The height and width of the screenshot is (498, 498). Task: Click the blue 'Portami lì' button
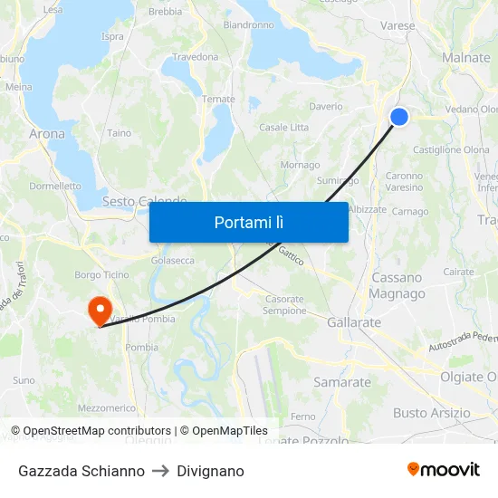(248, 222)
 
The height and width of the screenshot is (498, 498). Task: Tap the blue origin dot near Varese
(398, 116)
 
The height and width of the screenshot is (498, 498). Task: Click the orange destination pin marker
(99, 310)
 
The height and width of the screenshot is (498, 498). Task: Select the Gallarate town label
(353, 322)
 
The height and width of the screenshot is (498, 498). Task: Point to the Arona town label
(47, 134)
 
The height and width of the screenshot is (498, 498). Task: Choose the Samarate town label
(342, 382)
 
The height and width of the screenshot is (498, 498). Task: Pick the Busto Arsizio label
(431, 413)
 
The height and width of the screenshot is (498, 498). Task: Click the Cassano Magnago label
(397, 285)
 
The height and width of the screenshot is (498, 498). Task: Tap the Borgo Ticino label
(100, 274)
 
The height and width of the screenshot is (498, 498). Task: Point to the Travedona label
(196, 57)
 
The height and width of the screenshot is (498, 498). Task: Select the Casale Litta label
(283, 127)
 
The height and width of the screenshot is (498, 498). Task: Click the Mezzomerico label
(107, 408)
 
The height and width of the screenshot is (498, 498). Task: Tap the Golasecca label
(172, 261)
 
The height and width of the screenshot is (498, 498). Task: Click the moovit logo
(443, 469)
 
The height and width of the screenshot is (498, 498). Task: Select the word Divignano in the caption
(210, 471)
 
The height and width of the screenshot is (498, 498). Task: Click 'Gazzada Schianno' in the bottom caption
(81, 471)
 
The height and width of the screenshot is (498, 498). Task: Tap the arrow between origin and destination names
(160, 471)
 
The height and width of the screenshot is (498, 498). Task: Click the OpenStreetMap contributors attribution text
(91, 431)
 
